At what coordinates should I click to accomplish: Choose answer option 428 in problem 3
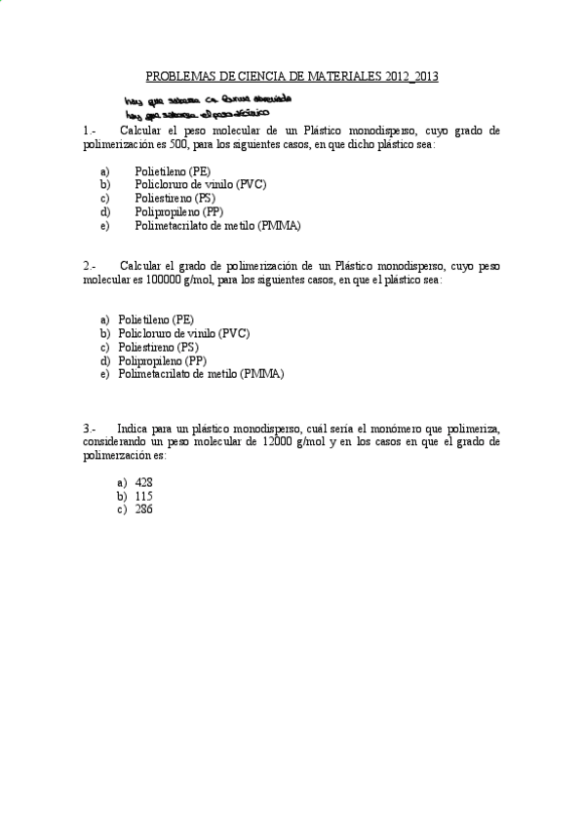pos(144,482)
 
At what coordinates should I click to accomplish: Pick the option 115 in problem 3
pos(144,495)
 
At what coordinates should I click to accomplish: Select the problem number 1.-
pos(90,130)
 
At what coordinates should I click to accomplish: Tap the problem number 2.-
pos(90,265)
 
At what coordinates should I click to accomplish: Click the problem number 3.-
pos(90,428)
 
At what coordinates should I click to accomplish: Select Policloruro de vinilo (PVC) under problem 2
pos(183,332)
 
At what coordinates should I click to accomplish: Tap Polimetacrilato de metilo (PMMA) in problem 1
pos(217,225)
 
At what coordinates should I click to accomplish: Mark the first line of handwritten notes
pos(207,99)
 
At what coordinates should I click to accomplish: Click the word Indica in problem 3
pos(133,428)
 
